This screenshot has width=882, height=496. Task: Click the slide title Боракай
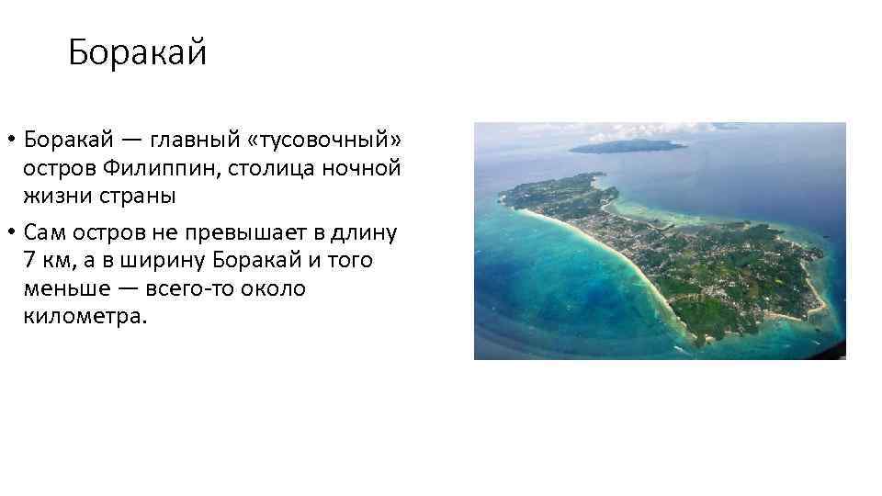click(x=138, y=53)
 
